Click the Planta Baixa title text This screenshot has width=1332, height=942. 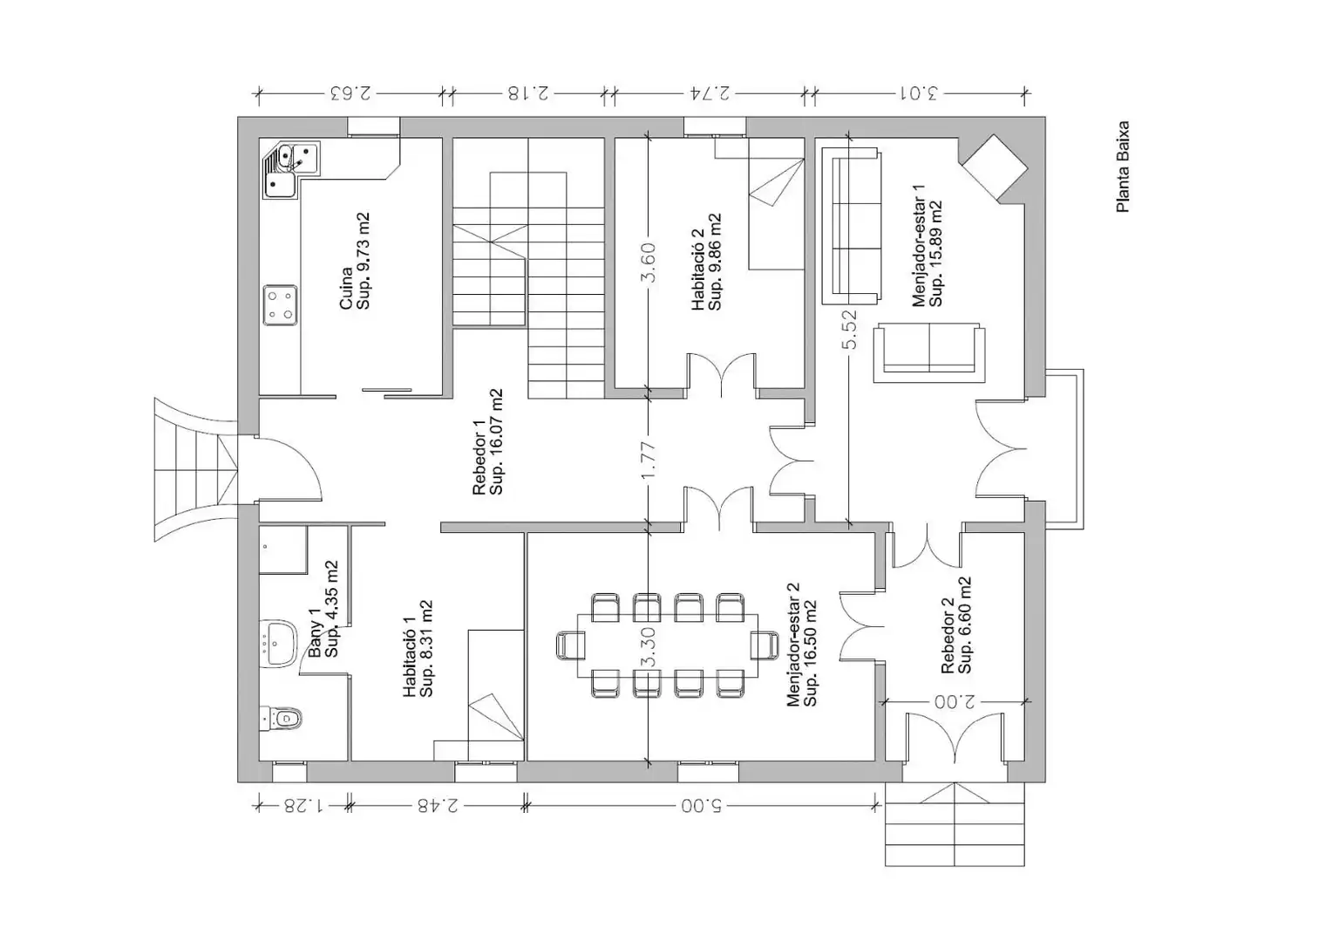point(1123,167)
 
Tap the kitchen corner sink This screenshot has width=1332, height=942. point(291,169)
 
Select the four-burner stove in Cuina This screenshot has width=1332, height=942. point(280,305)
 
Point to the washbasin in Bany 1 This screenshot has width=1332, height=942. point(279,644)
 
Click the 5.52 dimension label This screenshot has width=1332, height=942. point(850,329)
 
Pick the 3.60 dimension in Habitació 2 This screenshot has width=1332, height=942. point(649,262)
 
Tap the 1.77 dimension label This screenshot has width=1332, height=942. point(649,460)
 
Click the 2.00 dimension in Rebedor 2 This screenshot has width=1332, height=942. point(955,702)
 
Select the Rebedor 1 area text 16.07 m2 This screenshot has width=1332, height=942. point(496,442)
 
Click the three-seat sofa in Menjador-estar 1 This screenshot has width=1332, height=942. point(852,226)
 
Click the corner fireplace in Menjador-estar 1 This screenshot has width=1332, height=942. point(995,166)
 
